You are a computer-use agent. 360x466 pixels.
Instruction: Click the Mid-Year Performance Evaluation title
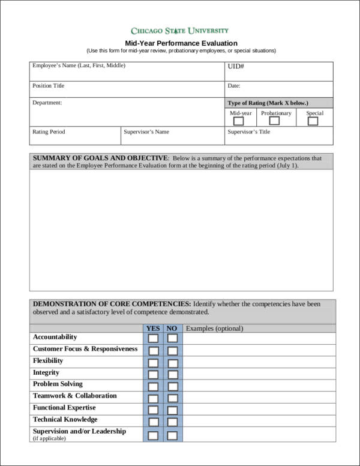(181, 43)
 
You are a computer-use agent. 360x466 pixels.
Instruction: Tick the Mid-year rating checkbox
(238, 121)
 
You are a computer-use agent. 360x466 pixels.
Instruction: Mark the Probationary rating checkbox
(275, 121)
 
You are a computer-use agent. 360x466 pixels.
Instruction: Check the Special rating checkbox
(313, 121)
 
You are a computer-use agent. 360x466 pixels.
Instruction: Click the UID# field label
(235, 67)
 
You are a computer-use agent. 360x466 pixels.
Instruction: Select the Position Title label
(49, 86)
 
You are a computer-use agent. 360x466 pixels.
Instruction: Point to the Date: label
(234, 86)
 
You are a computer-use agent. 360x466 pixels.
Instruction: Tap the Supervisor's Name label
(146, 132)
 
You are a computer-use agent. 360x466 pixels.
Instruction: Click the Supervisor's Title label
(249, 132)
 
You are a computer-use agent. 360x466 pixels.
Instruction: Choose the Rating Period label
(49, 132)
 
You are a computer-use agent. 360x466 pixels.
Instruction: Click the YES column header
(153, 328)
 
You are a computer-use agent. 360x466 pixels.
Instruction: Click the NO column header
(172, 328)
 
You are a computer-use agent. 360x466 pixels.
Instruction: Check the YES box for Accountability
(154, 339)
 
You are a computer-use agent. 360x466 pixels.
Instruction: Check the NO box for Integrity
(172, 375)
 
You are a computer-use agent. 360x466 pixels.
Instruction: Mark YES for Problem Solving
(154, 386)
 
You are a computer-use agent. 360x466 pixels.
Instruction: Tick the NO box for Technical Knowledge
(172, 422)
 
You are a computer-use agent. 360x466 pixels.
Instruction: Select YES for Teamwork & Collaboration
(154, 398)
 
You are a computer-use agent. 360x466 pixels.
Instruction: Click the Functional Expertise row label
(64, 408)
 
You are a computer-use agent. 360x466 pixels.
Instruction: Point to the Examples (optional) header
(214, 328)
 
